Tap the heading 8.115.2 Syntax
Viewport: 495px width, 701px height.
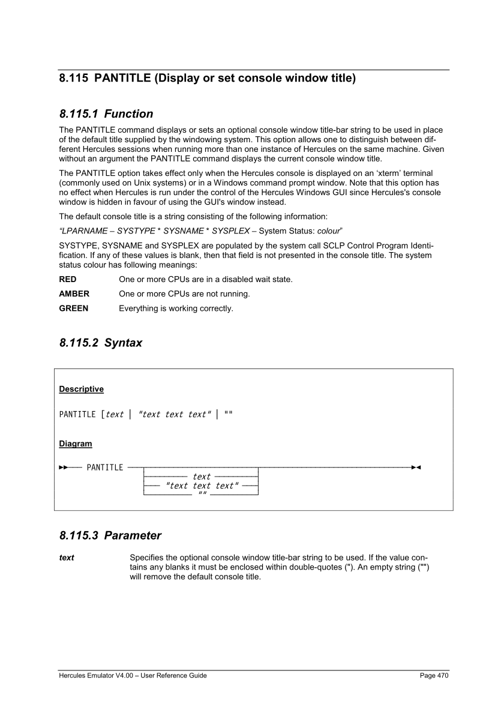101,343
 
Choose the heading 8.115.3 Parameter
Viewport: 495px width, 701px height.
110,534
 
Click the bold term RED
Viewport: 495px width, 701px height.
68,280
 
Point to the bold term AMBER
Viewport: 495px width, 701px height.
74,294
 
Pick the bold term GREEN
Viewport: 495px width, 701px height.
74,308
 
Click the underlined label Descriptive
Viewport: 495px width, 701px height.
81,389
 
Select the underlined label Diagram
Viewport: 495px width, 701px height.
76,444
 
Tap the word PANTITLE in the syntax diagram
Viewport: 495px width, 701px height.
105,468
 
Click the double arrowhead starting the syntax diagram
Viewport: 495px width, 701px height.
63,468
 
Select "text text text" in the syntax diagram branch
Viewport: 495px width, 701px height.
202,486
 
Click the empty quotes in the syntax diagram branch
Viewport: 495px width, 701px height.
202,494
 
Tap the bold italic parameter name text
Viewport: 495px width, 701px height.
67,558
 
